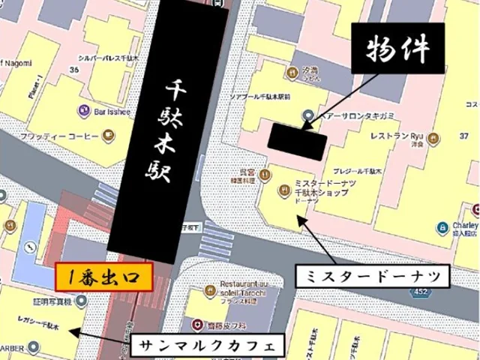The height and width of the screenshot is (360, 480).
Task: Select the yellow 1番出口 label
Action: point(103,276)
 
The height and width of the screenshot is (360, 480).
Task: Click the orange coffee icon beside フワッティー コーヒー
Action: point(109,136)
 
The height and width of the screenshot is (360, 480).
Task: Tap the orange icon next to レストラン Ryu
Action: point(433,137)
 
